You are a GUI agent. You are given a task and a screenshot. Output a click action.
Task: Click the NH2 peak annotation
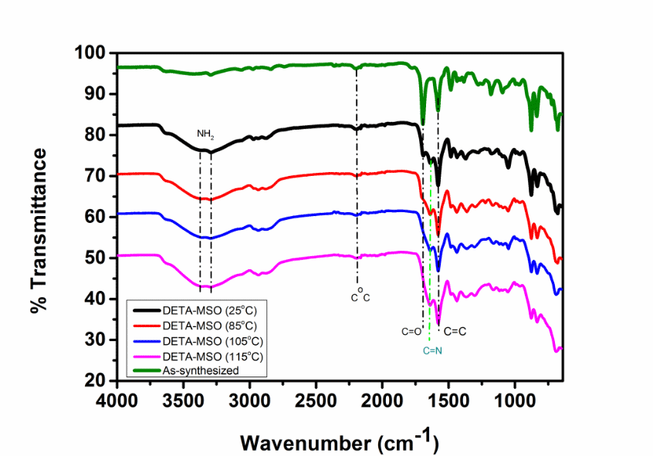[205, 134]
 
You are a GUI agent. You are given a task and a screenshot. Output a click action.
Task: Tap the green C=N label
[434, 350]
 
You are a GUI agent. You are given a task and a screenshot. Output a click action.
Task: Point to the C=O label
[411, 332]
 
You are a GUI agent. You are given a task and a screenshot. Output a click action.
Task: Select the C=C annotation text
[456, 331]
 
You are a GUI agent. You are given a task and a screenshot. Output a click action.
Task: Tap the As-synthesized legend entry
[201, 370]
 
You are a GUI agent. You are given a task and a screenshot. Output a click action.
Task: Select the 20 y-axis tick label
[95, 380]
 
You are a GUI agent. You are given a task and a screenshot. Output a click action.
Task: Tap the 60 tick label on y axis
[95, 217]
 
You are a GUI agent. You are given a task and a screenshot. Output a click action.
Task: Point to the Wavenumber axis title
[340, 441]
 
